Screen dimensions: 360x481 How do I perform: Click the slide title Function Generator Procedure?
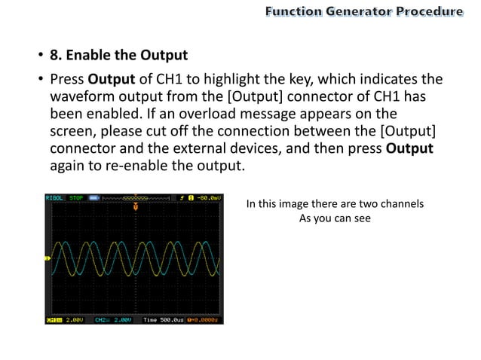tap(363, 11)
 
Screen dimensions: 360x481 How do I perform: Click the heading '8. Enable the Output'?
tap(118, 55)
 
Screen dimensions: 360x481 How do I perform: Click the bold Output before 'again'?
tap(409, 148)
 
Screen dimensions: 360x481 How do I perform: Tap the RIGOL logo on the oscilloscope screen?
tap(54, 198)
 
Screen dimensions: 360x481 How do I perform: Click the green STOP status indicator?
tap(76, 198)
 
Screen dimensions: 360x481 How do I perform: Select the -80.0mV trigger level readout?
tap(208, 198)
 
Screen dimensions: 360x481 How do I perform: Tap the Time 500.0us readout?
tap(164, 320)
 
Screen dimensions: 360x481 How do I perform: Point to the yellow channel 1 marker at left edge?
tap(47, 259)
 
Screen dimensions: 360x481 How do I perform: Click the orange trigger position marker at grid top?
tap(135, 206)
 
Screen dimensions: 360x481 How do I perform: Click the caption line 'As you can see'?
tap(335, 218)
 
